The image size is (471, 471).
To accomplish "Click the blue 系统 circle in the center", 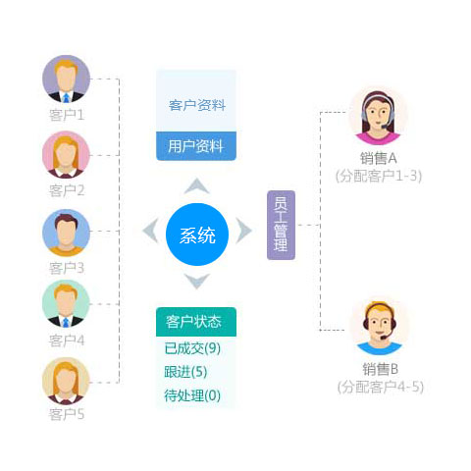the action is [197, 235].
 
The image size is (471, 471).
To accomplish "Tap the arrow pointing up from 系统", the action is [197, 186].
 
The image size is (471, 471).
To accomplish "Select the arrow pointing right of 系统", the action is [243, 231].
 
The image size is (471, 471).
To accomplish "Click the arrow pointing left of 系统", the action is [151, 231].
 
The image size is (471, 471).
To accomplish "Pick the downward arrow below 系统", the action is [197, 281].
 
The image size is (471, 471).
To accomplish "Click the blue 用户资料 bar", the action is [196, 146].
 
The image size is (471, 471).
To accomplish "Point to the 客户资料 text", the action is [197, 105].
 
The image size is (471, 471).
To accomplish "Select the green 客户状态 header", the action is [196, 322].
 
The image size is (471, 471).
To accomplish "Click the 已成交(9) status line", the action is [192, 348].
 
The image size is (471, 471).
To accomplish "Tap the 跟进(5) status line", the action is [185, 372].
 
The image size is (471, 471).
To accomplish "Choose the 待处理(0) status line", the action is [192, 395].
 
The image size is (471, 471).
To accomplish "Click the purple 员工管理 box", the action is [281, 225].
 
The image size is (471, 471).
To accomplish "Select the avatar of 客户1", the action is [66, 78].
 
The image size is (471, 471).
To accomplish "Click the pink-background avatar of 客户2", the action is [66, 154].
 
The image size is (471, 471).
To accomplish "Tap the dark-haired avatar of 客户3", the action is [66, 233].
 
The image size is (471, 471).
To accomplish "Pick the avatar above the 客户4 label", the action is [66, 304].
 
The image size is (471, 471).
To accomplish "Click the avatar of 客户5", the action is [66, 381].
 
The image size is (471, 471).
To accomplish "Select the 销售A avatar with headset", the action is [378, 116].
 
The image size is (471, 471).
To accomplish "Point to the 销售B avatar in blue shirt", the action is [380, 327].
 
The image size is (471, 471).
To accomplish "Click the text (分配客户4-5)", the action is [381, 387].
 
